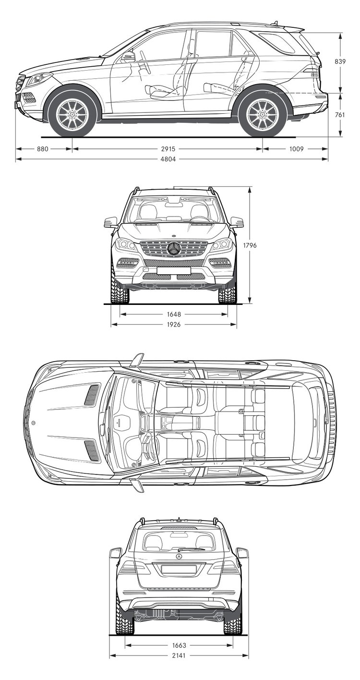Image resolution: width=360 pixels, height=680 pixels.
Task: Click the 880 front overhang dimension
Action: pyautogui.click(x=43, y=149)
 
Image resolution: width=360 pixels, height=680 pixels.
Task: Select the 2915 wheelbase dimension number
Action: pyautogui.click(x=168, y=149)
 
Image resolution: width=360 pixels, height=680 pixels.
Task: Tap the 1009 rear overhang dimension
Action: pyautogui.click(x=296, y=149)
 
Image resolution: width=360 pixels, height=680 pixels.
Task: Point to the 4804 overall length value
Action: pyautogui.click(x=168, y=159)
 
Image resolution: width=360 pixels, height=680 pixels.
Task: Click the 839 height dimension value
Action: pyautogui.click(x=340, y=61)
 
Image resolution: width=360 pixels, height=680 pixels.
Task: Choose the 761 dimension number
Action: pyautogui.click(x=340, y=115)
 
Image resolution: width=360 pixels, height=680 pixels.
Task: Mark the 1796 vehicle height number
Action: pyautogui.click(x=250, y=245)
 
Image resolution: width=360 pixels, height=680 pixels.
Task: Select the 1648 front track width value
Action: pyautogui.click(x=174, y=315)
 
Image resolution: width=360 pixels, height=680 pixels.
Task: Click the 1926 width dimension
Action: pyautogui.click(x=174, y=325)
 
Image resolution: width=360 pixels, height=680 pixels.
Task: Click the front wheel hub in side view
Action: pyautogui.click(x=72, y=113)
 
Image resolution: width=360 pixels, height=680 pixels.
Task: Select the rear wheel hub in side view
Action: pyautogui.click(x=262, y=113)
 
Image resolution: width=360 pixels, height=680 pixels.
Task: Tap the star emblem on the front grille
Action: pyautogui.click(x=174, y=249)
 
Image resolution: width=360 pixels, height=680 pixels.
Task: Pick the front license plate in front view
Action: pyautogui.click(x=174, y=270)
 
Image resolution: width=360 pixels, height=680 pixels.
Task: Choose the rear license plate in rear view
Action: pyautogui.click(x=179, y=569)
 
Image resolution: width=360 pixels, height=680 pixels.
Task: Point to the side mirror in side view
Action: pyautogui.click(x=129, y=57)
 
